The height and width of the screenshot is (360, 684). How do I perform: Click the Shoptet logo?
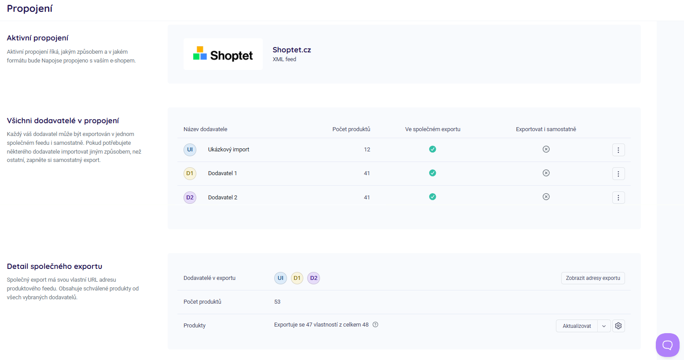(223, 54)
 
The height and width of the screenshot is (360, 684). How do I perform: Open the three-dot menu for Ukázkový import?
(618, 150)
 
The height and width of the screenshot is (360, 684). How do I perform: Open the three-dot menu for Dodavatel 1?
(618, 174)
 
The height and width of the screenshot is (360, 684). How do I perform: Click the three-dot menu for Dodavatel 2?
(618, 198)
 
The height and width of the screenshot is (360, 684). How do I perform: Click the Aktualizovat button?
(577, 326)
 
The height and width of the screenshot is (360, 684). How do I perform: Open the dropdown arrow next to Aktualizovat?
(604, 326)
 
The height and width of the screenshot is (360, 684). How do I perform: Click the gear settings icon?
(618, 326)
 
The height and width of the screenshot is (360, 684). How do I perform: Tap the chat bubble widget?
(667, 345)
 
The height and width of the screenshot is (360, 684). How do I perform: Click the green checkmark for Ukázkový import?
(433, 149)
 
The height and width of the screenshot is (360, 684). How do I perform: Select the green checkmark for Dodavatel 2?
(433, 197)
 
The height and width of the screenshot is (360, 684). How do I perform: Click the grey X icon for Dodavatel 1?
(546, 173)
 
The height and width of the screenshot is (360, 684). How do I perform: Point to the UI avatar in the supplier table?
(190, 150)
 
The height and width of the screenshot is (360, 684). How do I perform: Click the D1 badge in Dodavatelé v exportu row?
(297, 278)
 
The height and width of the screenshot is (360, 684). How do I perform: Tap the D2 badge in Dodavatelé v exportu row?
(313, 278)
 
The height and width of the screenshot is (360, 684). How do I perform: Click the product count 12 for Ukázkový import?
(367, 150)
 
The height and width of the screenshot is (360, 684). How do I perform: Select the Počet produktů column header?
(351, 129)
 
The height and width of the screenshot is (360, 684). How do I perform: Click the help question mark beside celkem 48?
(375, 325)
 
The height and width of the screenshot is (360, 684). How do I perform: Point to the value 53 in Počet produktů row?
(277, 302)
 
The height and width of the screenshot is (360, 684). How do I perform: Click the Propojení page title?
(30, 9)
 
